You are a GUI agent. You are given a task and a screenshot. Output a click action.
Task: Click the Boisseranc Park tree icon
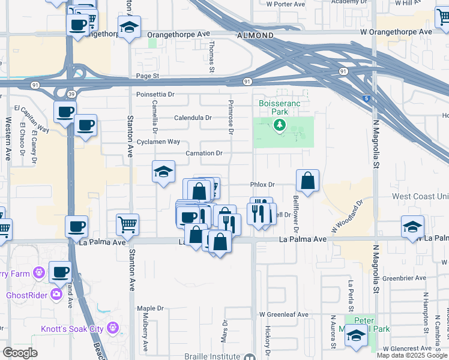click(279, 125)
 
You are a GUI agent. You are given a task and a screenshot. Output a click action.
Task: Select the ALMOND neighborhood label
click(256, 36)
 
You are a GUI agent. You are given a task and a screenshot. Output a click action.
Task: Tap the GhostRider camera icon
click(56, 294)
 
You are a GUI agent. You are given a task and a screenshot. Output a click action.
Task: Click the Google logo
click(20, 353)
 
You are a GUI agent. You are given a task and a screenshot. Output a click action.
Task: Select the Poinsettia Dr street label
click(155, 94)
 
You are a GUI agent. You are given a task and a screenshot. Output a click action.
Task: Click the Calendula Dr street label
click(192, 118)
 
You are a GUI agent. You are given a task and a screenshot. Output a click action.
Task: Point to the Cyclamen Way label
click(158, 142)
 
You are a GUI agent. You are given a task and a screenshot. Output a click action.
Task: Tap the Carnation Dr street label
click(204, 153)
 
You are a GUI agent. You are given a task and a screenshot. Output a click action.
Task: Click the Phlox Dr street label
click(262, 185)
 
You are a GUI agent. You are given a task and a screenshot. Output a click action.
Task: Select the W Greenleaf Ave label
click(283, 314)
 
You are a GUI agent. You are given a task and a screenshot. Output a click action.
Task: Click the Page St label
click(147, 76)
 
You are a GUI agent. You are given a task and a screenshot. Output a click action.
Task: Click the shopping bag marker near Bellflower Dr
click(307, 180)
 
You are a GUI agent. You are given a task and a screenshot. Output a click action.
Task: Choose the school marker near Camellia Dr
click(163, 172)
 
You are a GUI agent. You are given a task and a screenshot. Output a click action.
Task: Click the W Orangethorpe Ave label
click(396, 31)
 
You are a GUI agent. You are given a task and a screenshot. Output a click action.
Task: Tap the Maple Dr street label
click(150, 308)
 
